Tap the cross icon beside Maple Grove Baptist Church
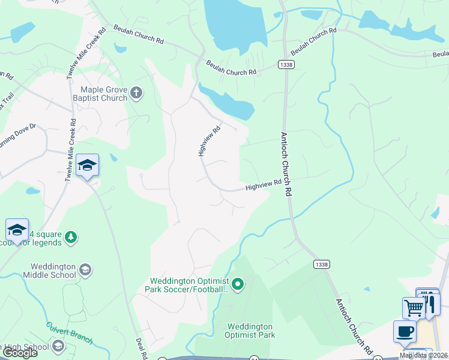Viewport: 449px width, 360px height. click(x=137, y=93)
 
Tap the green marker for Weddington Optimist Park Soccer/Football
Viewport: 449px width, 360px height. click(x=238, y=284)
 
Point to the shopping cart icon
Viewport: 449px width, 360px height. click(x=413, y=308)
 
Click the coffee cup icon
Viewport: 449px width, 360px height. click(x=404, y=331)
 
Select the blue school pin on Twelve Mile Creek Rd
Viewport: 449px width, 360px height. click(x=88, y=165)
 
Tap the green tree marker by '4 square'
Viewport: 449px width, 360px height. click(x=71, y=238)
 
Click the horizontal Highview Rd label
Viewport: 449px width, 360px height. click(x=263, y=186)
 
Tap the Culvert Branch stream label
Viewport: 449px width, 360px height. click(x=70, y=333)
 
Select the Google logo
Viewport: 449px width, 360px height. click(x=19, y=353)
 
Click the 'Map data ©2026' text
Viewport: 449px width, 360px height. click(x=423, y=355)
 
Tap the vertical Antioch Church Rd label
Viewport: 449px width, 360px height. click(x=288, y=164)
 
